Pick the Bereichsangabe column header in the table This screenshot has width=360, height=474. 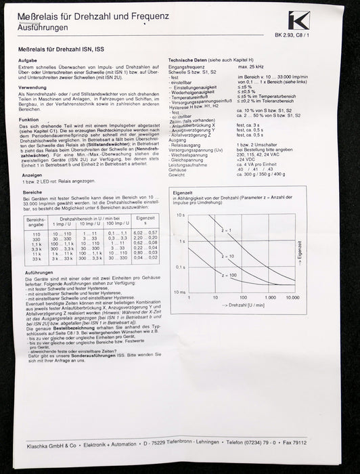[x=36, y=222]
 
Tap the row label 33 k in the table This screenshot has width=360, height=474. [x=36, y=261]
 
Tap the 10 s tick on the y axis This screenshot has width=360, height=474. [x=181, y=215]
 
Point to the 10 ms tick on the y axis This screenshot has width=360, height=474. [x=180, y=290]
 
